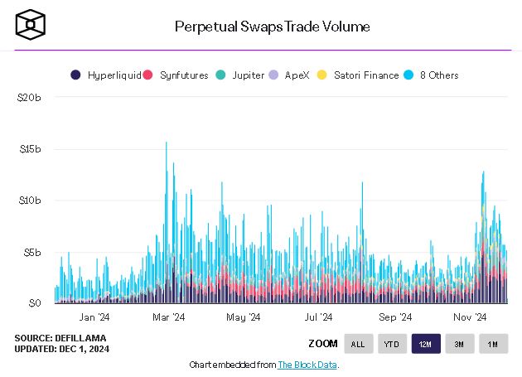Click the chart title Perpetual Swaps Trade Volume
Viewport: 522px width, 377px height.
(x=272, y=27)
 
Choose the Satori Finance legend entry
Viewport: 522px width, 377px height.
(x=360, y=75)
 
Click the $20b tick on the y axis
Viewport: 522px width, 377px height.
(x=29, y=98)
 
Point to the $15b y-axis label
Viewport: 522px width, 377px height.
(x=29, y=149)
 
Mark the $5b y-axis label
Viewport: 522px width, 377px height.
(x=31, y=252)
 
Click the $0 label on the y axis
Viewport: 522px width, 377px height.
(x=34, y=303)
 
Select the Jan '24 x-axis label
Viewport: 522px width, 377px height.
(x=94, y=317)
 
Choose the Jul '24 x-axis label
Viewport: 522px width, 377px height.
(x=319, y=317)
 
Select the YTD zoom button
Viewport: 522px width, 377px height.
(x=392, y=344)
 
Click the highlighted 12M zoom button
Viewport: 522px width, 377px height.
(x=426, y=344)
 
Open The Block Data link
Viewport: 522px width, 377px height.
(x=307, y=365)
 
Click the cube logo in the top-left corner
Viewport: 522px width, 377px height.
(x=30, y=25)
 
